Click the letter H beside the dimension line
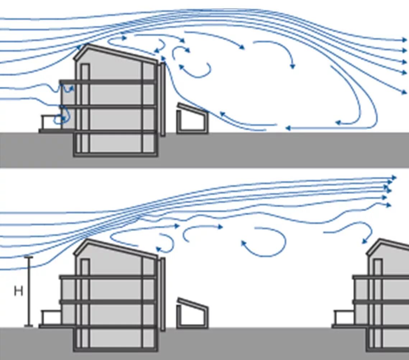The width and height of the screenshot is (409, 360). (x=18, y=291)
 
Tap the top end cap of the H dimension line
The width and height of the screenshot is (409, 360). (x=28, y=257)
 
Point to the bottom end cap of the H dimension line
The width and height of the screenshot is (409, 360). (x=28, y=326)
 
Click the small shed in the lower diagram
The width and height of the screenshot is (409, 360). (x=192, y=313)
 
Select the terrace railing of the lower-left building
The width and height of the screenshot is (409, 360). (x=50, y=317)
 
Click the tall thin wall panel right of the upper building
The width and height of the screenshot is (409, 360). (x=163, y=99)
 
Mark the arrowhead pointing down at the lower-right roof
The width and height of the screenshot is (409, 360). (x=364, y=242)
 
